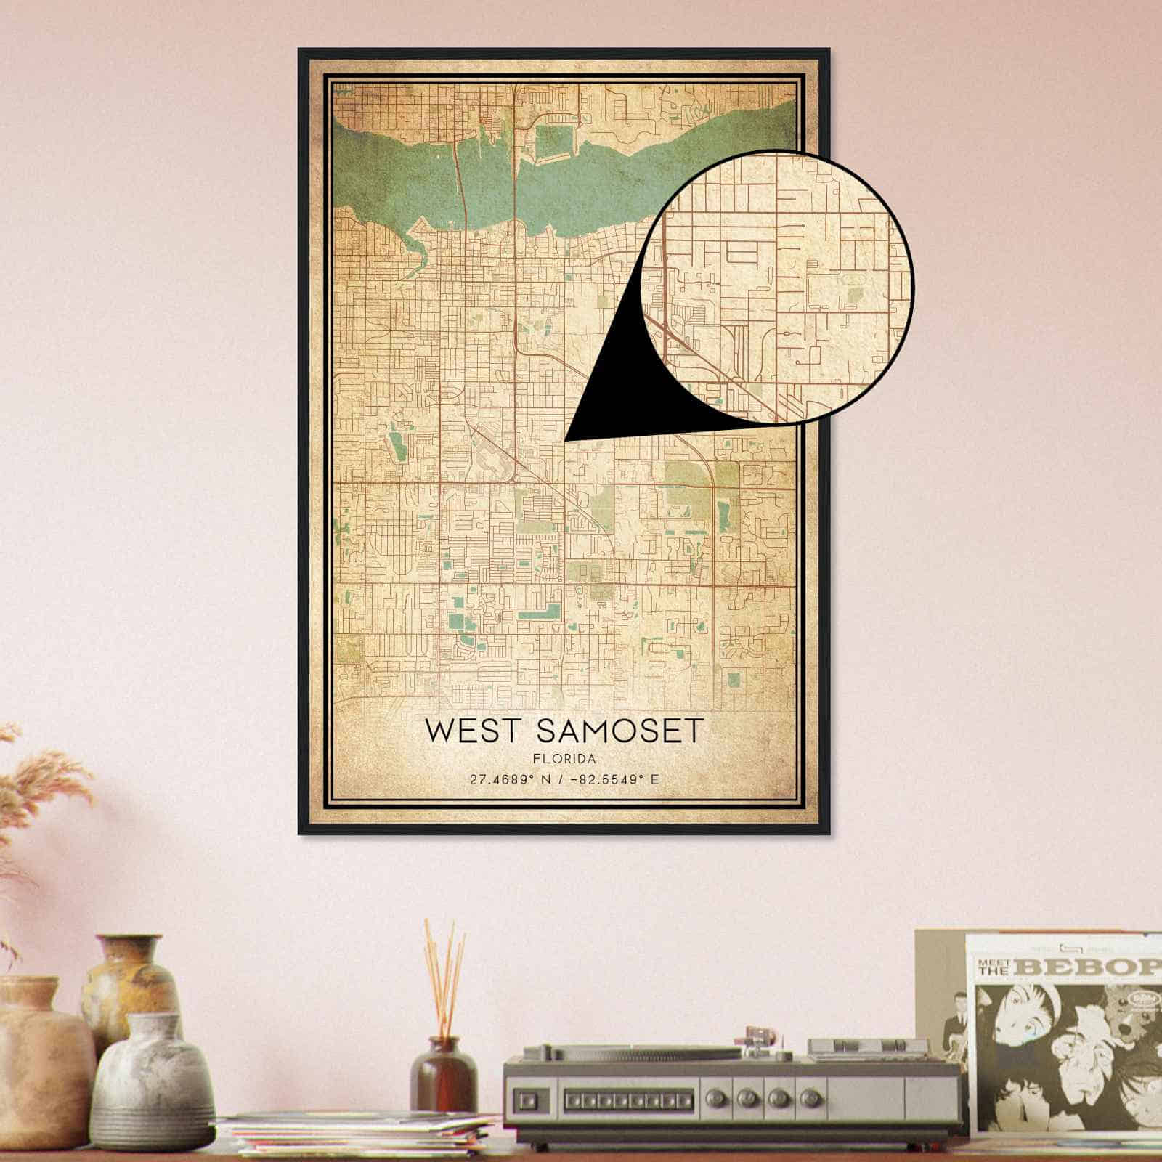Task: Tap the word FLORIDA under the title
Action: coord(564,760)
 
